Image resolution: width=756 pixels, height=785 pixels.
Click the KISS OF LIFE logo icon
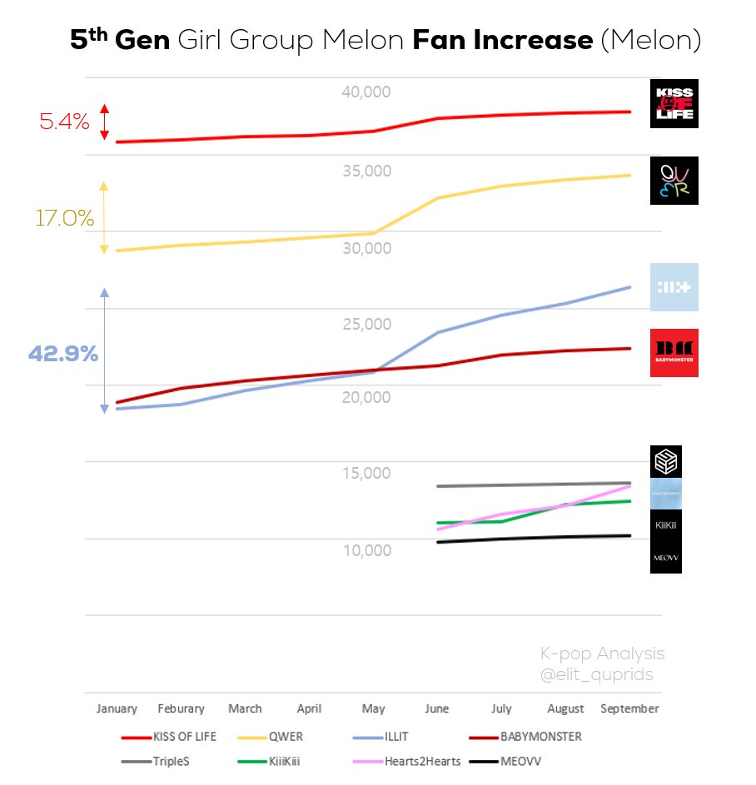coord(674,104)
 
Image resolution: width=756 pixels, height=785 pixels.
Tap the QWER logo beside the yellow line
coord(674,181)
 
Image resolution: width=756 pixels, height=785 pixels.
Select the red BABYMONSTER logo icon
coord(674,353)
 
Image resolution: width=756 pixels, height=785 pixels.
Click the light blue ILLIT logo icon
coord(674,287)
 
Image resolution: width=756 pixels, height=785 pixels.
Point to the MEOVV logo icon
coord(666,557)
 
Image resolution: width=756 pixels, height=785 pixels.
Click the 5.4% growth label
coord(64,122)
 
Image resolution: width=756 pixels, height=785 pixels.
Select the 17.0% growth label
coord(64,218)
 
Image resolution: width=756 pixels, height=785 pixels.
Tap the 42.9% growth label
coord(63,354)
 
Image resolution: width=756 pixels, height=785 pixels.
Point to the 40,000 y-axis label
coord(366,92)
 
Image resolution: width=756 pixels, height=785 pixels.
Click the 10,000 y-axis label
coord(366,550)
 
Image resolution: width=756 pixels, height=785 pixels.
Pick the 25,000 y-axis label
coord(366,324)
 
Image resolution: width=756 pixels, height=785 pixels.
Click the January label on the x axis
coord(117,709)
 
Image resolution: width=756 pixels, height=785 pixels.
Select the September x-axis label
coord(629,709)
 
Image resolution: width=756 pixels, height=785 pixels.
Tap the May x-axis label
coord(373,709)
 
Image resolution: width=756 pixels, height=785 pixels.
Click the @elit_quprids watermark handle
coord(597,675)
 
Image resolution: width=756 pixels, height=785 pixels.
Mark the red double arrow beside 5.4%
coord(104,122)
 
